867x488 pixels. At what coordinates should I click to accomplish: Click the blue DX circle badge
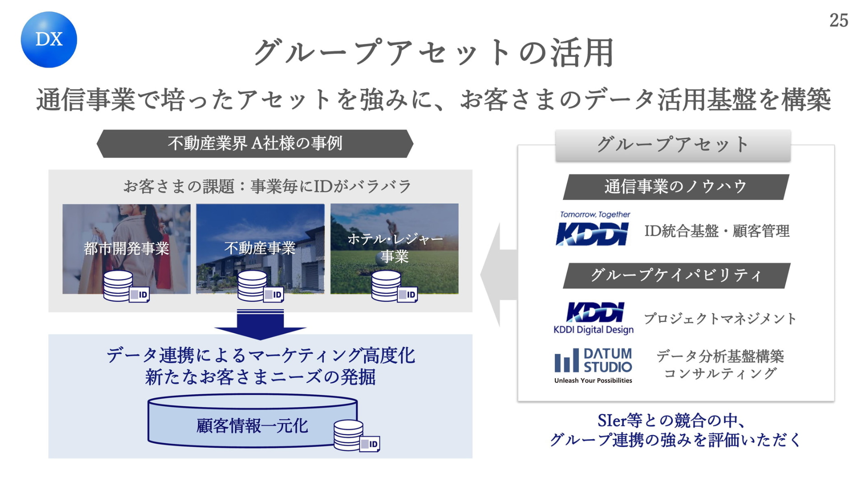pos(49,40)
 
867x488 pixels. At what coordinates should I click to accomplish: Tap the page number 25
pos(839,20)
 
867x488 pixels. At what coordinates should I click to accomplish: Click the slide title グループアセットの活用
pos(433,53)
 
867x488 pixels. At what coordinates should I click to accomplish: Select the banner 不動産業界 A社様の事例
pos(255,144)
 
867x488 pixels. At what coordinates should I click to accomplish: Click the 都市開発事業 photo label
pos(126,249)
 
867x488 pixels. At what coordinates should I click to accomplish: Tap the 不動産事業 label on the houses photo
pos(260,248)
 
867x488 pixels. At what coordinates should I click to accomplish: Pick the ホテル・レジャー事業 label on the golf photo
pos(395,248)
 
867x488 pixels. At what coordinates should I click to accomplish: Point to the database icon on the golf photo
pos(394,286)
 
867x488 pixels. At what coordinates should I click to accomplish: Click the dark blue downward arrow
pos(261,324)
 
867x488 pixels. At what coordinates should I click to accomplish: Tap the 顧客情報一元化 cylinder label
pos(252,426)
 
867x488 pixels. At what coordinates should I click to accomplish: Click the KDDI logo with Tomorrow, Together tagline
pos(592,229)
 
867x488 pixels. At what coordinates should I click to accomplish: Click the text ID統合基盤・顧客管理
pos(717,231)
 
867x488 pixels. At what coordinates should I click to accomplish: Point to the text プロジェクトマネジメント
pos(720,319)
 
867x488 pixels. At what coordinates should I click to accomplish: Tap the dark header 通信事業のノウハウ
pos(676,187)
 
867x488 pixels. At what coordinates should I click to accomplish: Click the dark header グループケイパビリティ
pos(676,275)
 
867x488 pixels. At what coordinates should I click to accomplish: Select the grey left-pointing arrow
pos(499,275)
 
